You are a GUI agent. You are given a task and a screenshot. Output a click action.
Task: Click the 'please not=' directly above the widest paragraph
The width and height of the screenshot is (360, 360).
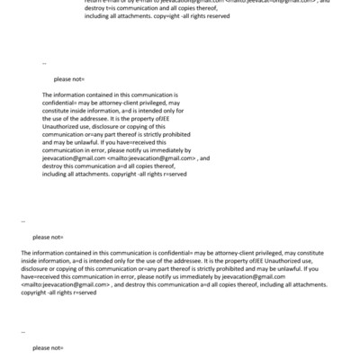tap(48, 237)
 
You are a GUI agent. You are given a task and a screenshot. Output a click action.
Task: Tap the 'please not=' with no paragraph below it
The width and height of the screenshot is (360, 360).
tap(48, 346)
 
